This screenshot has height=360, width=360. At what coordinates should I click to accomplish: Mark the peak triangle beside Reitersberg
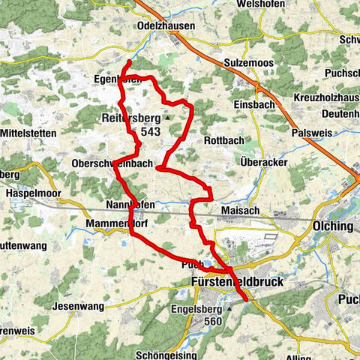click(169, 118)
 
